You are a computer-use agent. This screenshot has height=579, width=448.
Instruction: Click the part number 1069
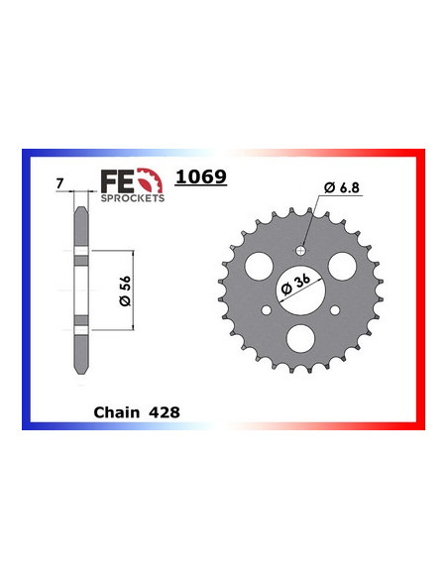point(202,178)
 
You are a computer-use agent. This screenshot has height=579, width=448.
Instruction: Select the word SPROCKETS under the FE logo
point(133,197)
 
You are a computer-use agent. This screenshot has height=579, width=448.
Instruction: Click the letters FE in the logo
point(117,180)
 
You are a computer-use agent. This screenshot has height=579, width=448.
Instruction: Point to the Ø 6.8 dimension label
point(339,188)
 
